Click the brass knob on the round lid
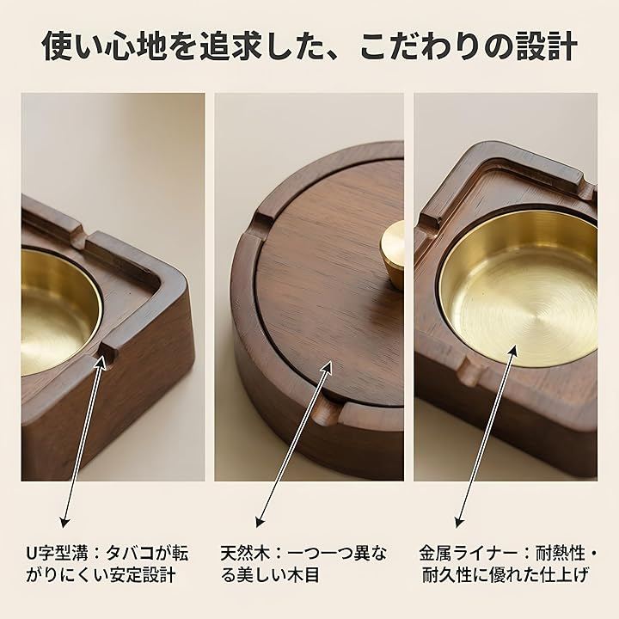pos(392,252)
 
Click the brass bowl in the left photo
pos(60,312)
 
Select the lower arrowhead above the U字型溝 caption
pos(64,522)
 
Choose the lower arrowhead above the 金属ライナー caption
pos(459,522)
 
